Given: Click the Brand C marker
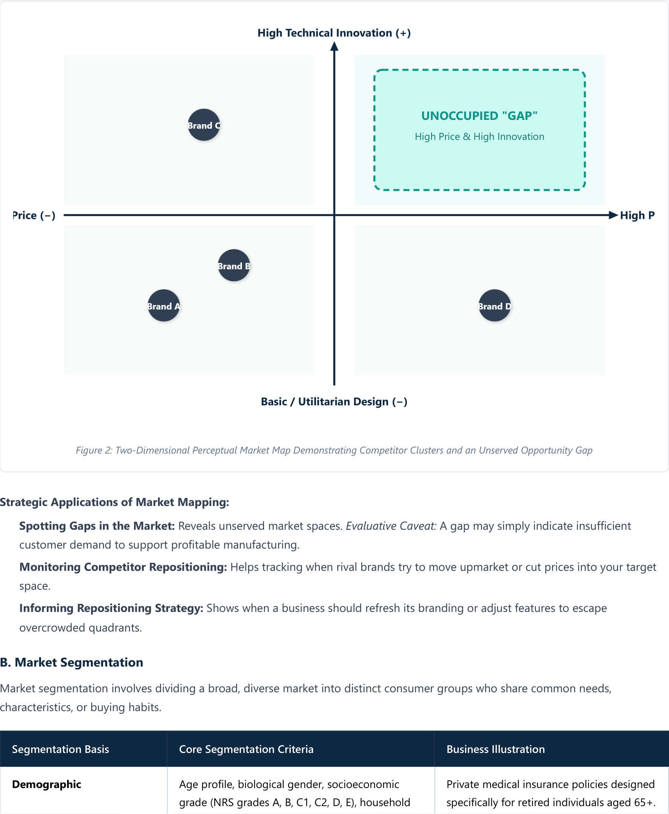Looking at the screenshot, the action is (204, 125).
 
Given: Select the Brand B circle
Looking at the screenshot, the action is (234, 265).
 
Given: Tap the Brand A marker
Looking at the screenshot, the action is (164, 305).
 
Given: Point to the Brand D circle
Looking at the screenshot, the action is (494, 305).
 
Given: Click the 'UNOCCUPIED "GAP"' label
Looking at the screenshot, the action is (479, 116).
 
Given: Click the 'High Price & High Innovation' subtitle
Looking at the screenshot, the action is (479, 136).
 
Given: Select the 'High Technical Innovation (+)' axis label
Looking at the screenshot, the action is (334, 33).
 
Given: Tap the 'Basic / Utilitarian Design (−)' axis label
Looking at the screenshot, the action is (334, 402).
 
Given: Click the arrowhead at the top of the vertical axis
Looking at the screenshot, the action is (334, 46).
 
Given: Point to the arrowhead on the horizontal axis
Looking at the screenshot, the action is (613, 215).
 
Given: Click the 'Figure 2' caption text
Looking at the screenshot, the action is (334, 450).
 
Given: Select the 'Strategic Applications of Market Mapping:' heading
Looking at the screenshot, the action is (115, 502).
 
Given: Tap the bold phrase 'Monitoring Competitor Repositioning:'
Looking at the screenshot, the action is (123, 567).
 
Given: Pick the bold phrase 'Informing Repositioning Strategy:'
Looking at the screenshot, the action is (111, 608).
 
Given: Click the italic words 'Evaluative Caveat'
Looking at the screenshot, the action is (390, 526).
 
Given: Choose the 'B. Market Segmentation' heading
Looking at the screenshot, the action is (72, 662).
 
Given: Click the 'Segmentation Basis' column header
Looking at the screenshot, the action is (60, 749).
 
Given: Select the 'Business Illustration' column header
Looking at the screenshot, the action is (496, 749).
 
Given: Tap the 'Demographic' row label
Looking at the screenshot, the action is (47, 784).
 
